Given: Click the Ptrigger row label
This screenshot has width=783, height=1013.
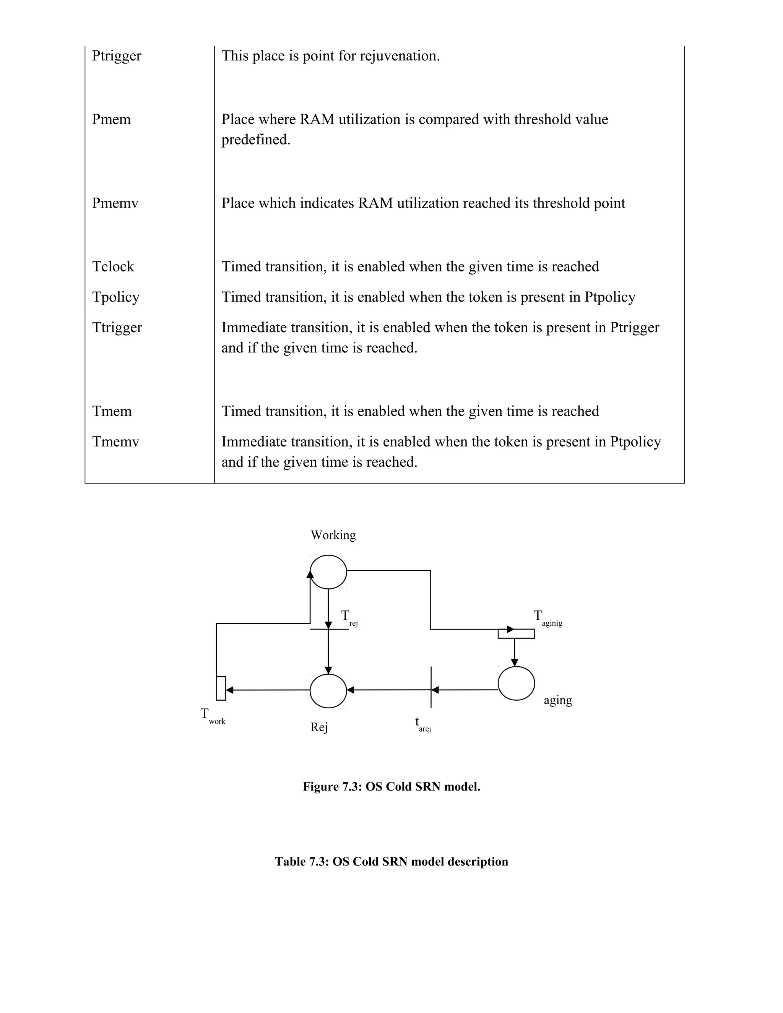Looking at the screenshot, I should click(117, 56).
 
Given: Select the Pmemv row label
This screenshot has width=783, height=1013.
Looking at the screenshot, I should click(115, 203).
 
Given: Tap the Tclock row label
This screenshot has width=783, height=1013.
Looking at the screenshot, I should click(113, 267).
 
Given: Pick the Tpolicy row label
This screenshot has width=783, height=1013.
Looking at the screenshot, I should click(115, 297).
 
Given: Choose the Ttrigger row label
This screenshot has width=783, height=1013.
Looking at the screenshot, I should click(117, 328).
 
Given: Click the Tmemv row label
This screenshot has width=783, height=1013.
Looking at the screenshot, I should click(115, 442).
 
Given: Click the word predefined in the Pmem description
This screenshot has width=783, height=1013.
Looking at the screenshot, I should click(256, 140).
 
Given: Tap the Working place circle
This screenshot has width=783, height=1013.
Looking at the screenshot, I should click(328, 572).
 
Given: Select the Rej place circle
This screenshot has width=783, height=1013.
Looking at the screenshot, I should click(328, 691).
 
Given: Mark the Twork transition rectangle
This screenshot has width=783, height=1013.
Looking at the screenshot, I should click(221, 688).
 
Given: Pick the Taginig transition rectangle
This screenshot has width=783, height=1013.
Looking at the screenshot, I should click(516, 633).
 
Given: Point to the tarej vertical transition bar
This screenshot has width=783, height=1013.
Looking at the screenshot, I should click(431, 687).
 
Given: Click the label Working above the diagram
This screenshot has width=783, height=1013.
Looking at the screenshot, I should click(333, 535).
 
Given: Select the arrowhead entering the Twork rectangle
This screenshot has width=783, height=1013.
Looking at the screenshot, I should click(229, 690).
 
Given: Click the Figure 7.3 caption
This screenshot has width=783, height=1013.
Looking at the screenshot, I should click(391, 787).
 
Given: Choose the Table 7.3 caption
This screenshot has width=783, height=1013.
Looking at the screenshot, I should click(391, 862).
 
